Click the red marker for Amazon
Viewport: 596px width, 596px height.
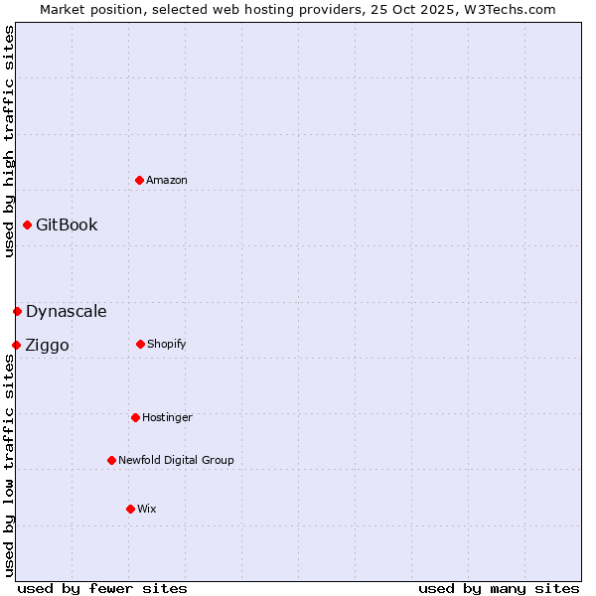[x=140, y=180]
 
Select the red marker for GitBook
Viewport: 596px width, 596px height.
[x=27, y=224]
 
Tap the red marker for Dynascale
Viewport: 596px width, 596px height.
[x=17, y=311]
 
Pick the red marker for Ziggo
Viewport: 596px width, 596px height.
[x=16, y=345]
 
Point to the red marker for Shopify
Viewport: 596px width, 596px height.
[x=140, y=344]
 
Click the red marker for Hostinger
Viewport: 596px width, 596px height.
[x=135, y=417]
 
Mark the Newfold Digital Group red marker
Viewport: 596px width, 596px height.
[x=111, y=460]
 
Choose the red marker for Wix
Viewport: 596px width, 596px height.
[x=130, y=509]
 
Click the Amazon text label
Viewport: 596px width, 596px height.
[x=167, y=180]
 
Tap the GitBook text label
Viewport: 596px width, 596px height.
[x=67, y=224]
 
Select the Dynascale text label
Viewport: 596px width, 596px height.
[x=67, y=311]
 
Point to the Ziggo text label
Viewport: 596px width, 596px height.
[x=47, y=345]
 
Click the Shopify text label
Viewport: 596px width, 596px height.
[x=167, y=344]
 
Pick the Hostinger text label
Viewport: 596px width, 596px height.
[x=167, y=417]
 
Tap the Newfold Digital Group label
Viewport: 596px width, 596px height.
[x=176, y=460]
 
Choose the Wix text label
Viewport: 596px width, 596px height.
[x=147, y=509]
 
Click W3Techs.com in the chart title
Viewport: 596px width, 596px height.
[x=507, y=9]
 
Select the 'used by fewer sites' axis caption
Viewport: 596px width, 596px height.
[x=102, y=588]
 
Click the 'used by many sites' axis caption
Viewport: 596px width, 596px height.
[x=499, y=588]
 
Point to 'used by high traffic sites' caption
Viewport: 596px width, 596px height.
[x=9, y=141]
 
